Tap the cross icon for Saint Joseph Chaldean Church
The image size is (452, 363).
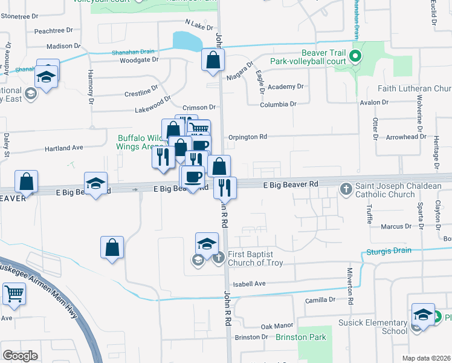coord(346,189)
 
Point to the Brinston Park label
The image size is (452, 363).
coord(301,337)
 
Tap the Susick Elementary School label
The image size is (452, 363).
coord(373,327)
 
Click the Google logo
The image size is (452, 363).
coord(21,356)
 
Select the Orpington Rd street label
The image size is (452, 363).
coord(247,137)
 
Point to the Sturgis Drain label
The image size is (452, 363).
coord(388,250)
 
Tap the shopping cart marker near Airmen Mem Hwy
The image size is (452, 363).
coord(15,294)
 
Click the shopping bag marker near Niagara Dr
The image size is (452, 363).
coord(213,60)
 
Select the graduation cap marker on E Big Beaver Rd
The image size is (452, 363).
coord(95,185)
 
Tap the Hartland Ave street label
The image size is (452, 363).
coord(64,148)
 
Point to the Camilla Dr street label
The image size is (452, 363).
coord(320,299)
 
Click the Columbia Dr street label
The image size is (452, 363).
coord(278,104)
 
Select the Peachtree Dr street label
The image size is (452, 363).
coord(53,30)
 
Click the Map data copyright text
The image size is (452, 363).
coord(426,358)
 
